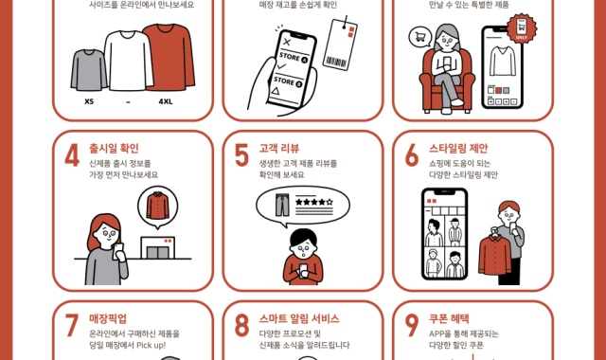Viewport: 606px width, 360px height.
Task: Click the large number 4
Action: click(72, 155)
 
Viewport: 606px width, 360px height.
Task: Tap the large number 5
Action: click(241, 155)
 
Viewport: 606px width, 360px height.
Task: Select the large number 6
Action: click(412, 155)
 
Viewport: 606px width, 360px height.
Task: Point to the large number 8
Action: click(241, 325)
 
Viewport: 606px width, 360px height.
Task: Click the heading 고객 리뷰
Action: click(279, 149)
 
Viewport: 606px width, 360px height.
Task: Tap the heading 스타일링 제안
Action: click(458, 149)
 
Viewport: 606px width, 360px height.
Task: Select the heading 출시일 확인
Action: click(114, 149)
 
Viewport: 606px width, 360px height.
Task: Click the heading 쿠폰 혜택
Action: click(449, 319)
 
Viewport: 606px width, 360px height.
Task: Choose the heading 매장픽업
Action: click(108, 319)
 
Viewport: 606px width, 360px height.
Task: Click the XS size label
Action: click(89, 101)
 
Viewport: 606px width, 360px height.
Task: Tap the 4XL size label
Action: click(166, 101)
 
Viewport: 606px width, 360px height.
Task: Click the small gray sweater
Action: click(88, 70)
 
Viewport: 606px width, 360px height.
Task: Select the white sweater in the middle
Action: click(129, 61)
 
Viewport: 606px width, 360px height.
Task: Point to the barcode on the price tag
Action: click(335, 62)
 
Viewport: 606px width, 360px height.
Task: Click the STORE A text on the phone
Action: click(294, 58)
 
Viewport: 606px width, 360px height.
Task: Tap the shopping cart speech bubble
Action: click(420, 37)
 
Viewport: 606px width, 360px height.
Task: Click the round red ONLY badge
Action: click(522, 27)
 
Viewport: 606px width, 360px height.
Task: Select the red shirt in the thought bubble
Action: click(158, 206)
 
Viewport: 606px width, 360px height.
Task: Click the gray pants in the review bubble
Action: click(282, 205)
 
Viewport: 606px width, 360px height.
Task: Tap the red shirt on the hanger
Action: click(494, 254)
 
